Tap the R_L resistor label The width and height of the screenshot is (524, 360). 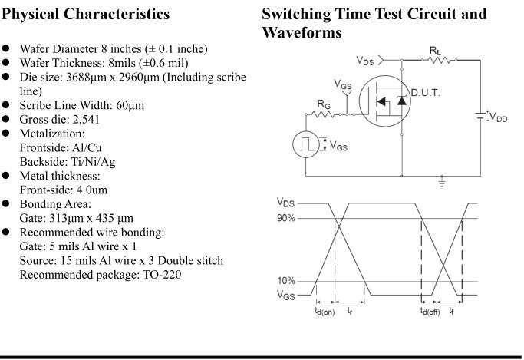436,49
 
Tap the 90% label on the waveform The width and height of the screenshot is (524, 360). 287,219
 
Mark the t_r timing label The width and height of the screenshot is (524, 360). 350,309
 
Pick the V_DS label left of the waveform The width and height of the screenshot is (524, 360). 286,203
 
